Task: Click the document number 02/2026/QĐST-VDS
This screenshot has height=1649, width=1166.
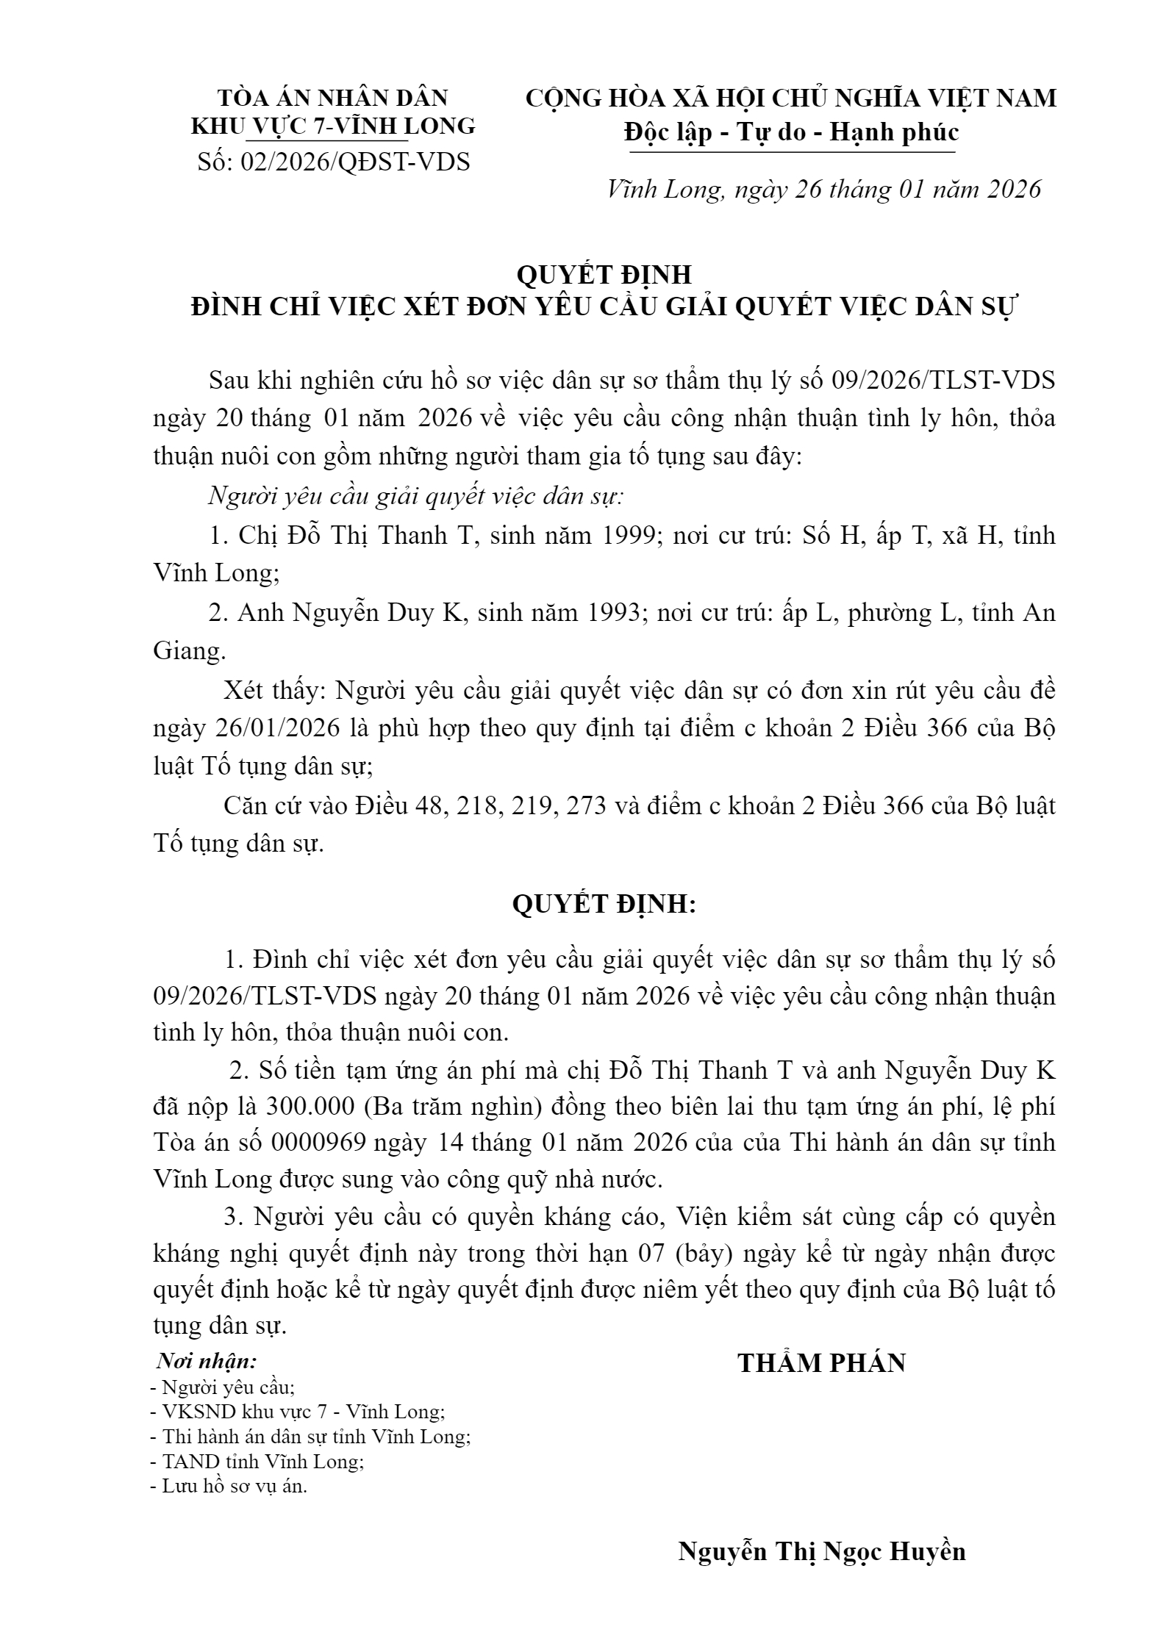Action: point(333,162)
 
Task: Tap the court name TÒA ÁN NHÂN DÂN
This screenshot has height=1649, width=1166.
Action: point(333,98)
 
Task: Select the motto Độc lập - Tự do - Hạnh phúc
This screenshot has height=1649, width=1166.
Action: point(791,132)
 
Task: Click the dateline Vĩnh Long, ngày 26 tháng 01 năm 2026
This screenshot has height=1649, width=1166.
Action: point(824,190)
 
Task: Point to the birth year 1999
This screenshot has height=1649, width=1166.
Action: point(629,535)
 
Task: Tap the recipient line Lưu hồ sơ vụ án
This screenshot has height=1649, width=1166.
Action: point(228,1487)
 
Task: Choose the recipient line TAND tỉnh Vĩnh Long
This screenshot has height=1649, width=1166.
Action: point(257,1462)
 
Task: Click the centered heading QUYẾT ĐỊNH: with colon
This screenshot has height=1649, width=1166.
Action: point(603,905)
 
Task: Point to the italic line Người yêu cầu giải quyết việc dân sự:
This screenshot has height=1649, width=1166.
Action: point(416,496)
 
